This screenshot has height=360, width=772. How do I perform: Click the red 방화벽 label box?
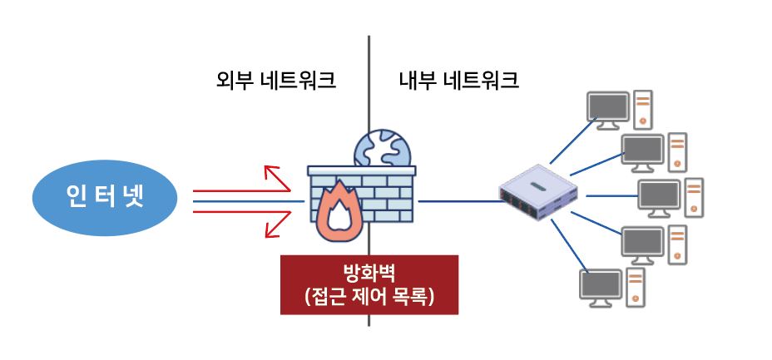click(x=369, y=284)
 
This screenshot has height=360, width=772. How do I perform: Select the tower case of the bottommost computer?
click(x=635, y=287)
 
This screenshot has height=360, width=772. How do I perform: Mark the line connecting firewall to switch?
click(x=458, y=201)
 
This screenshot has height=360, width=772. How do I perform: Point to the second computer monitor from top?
click(x=642, y=150)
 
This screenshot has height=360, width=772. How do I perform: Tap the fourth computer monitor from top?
click(x=642, y=243)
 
